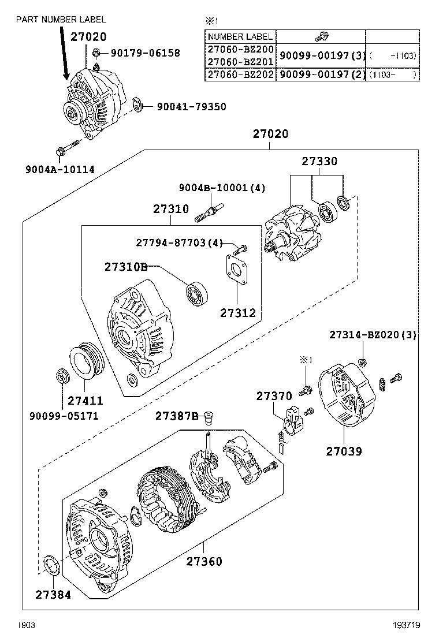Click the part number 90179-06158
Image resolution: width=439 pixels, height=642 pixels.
(x=145, y=53)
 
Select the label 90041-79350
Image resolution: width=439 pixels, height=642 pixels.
(x=191, y=107)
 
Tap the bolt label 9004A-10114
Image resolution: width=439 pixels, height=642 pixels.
(x=59, y=169)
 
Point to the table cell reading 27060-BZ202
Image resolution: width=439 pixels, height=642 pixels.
(x=240, y=75)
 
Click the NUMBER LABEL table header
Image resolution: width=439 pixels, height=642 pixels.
(x=240, y=36)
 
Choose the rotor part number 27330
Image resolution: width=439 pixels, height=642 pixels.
(x=319, y=162)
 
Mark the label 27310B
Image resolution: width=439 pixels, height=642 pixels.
(x=126, y=267)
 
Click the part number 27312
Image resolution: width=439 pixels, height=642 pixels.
(x=237, y=313)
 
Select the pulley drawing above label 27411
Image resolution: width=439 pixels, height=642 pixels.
(x=85, y=364)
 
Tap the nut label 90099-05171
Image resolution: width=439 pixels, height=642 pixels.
(x=64, y=416)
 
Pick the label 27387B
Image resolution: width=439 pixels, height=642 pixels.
(x=176, y=416)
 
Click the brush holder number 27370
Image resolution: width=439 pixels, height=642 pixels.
(x=274, y=396)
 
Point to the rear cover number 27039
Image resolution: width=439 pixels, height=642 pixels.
(x=344, y=451)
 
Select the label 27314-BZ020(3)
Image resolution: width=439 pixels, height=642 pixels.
(x=373, y=335)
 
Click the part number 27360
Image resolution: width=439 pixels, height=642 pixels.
(x=204, y=561)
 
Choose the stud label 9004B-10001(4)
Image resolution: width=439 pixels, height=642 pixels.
(x=214, y=188)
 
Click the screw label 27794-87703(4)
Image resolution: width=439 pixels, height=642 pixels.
(x=179, y=242)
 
